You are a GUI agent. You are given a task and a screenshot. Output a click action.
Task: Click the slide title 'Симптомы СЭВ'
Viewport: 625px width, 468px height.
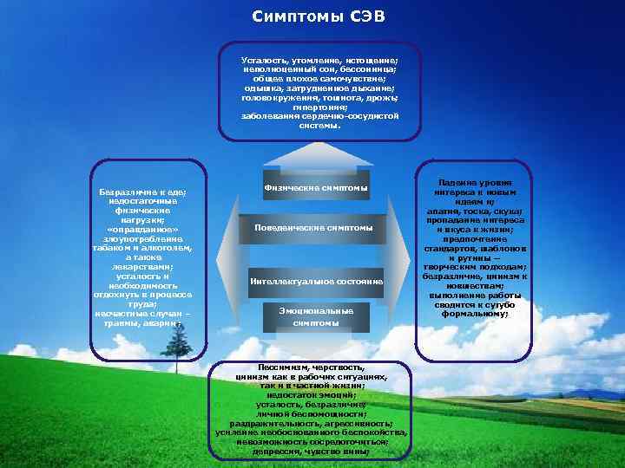pyautogui.click(x=312, y=17)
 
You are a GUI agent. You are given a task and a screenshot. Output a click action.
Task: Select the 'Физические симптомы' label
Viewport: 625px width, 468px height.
pyautogui.click(x=315, y=188)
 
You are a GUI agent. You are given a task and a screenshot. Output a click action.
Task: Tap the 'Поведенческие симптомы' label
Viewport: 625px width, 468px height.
pyautogui.click(x=314, y=228)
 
